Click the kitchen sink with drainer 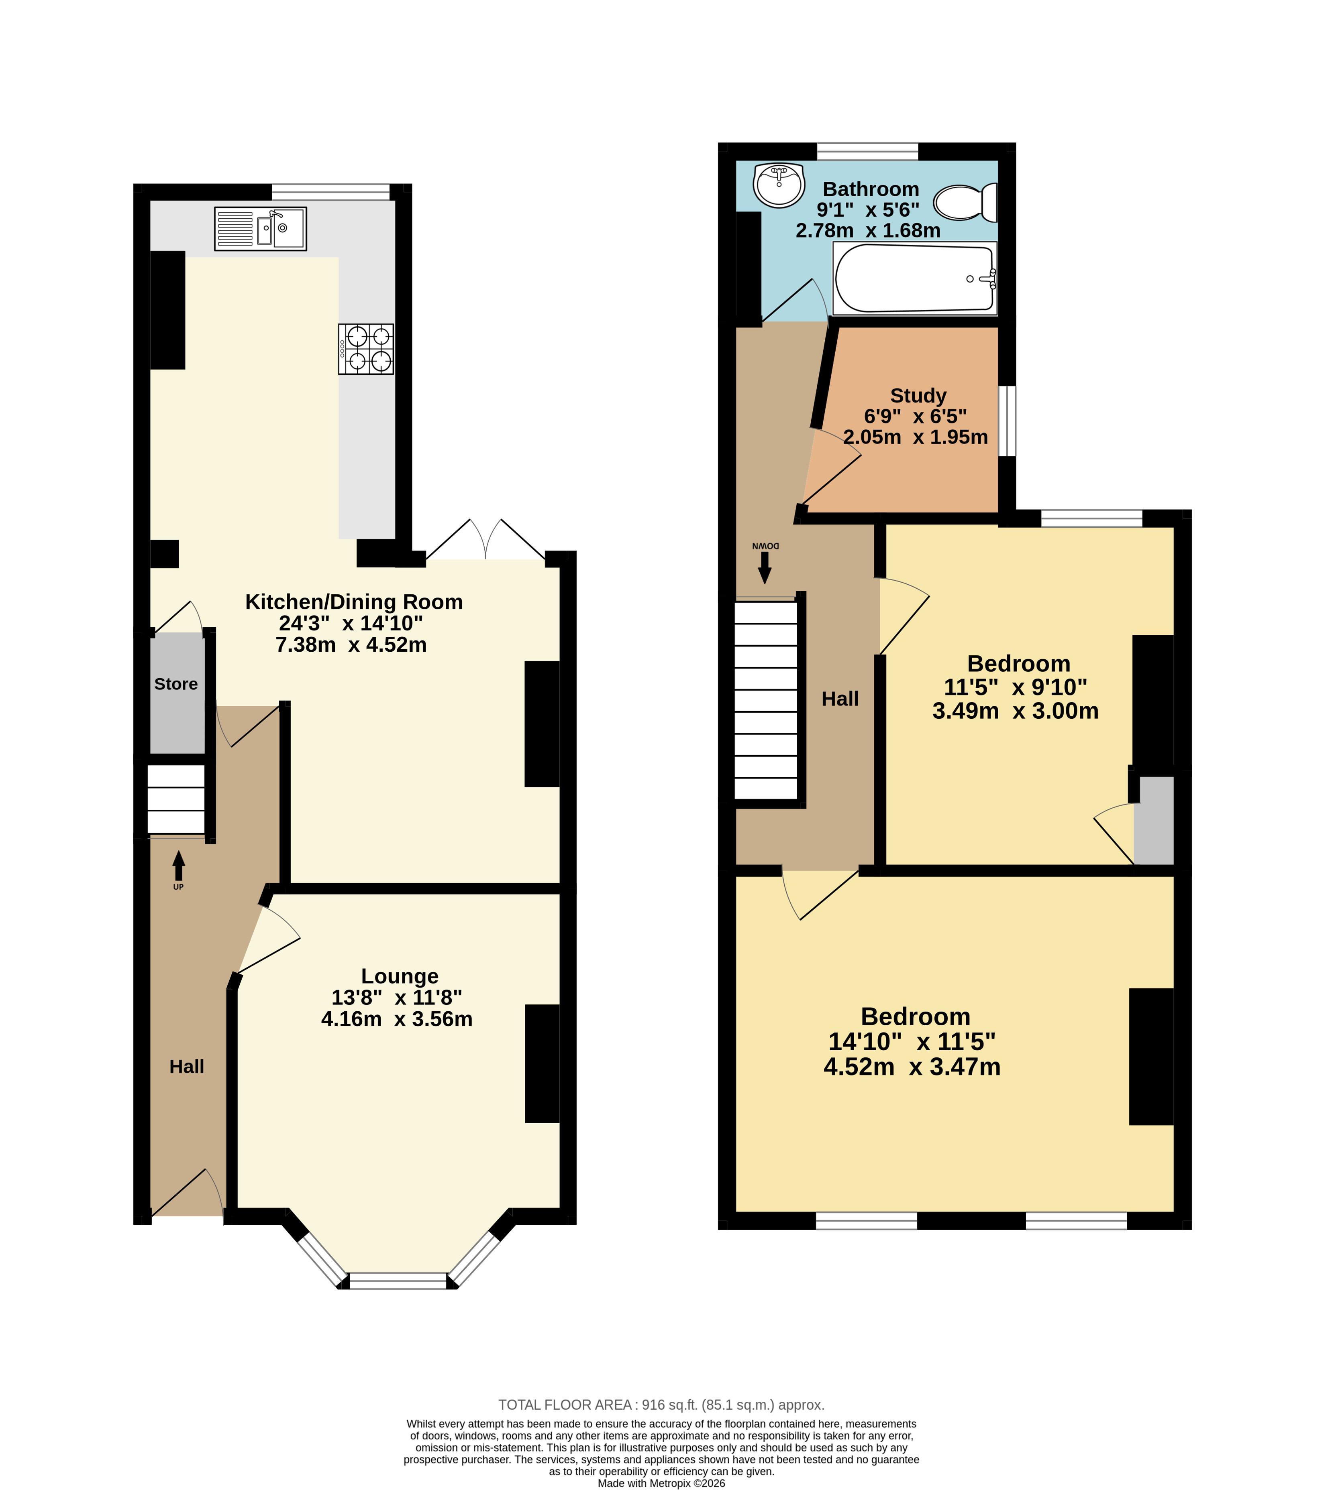click(x=260, y=229)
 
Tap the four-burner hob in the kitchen click(x=366, y=350)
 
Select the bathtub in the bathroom click(x=915, y=278)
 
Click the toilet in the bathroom click(x=966, y=202)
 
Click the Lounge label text click(x=400, y=976)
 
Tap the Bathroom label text click(x=871, y=189)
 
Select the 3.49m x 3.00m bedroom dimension click(x=1015, y=711)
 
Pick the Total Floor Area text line click(x=661, y=1405)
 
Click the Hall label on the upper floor click(x=840, y=699)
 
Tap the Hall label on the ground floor click(x=187, y=1067)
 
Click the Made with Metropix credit click(x=661, y=1484)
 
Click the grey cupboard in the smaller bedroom click(x=1154, y=821)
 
